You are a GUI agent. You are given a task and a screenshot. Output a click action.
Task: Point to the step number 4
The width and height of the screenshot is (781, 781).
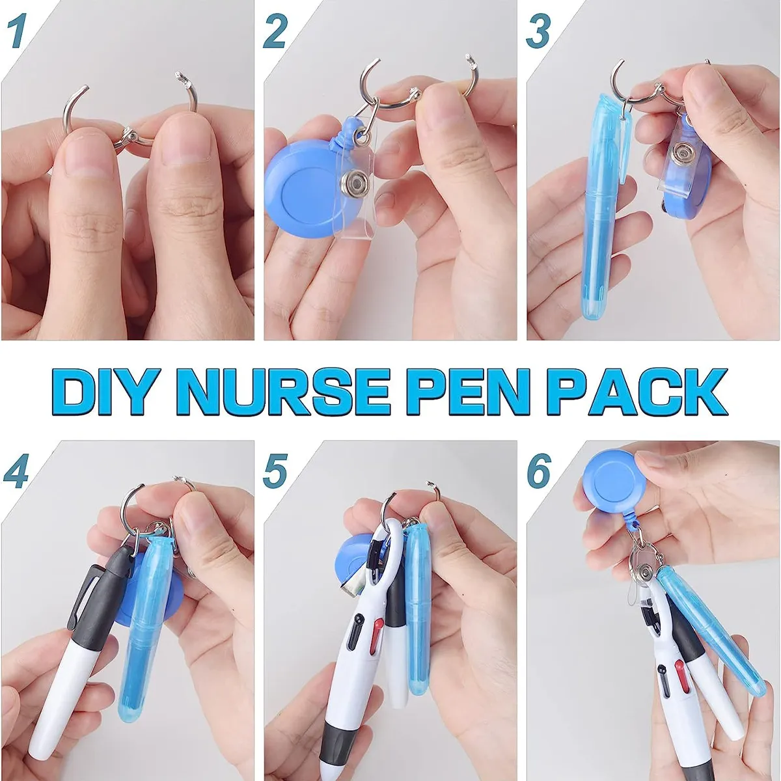pyautogui.click(x=16, y=470)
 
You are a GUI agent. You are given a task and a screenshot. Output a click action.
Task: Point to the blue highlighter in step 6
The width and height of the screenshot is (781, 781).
pyautogui.click(x=709, y=625)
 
